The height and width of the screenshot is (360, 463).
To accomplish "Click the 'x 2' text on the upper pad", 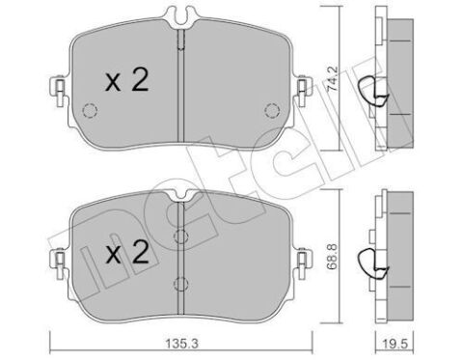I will pyautogui.click(x=125, y=82).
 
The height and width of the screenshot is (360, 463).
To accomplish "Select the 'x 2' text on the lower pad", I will pyautogui.click(x=125, y=255).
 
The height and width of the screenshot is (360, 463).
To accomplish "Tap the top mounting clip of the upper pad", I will pyautogui.click(x=180, y=15).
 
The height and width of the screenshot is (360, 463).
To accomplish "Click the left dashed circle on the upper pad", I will pyautogui.click(x=88, y=110).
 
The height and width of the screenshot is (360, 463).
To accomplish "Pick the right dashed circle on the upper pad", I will pyautogui.click(x=272, y=110).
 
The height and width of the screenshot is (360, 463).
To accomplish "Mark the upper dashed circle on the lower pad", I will pyautogui.click(x=180, y=236).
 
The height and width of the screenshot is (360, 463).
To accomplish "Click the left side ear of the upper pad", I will pyautogui.click(x=60, y=93).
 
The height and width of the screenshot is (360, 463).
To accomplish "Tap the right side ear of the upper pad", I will pyautogui.click(x=301, y=93).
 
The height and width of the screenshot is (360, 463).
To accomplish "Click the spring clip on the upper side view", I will pyautogui.click(x=368, y=92).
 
